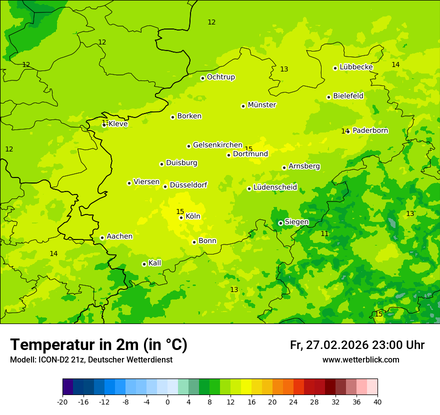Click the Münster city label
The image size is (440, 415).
(261, 105)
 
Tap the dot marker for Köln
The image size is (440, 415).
(181, 217)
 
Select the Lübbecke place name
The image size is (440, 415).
(356, 67)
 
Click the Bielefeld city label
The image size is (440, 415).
(348, 96)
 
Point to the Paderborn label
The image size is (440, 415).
(370, 130)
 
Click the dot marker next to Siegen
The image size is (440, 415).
(280, 223)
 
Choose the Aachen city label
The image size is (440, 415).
(119, 236)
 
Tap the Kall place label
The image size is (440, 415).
(154, 263)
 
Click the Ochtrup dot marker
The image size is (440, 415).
(202, 78)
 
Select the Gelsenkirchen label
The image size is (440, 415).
(217, 145)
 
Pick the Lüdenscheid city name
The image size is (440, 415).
(275, 187)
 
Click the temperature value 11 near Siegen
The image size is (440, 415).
(324, 233)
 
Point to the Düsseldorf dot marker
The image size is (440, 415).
(165, 186)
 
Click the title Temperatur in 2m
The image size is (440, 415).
(98, 344)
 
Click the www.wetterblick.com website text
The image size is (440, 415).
(360, 359)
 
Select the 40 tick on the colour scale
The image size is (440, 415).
(377, 402)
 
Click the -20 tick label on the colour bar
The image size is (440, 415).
(62, 402)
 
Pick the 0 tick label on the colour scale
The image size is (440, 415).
(167, 402)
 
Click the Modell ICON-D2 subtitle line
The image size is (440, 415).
(91, 359)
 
